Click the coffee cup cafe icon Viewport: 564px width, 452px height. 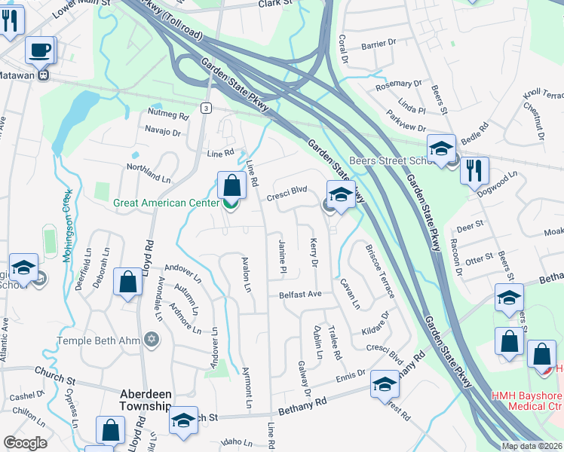pyautogui.click(x=40, y=50)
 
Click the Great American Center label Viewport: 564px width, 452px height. pyautogui.click(x=167, y=203)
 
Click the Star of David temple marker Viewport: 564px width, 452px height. pyautogui.click(x=152, y=341)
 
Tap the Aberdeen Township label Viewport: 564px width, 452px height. pyautogui.click(x=148, y=400)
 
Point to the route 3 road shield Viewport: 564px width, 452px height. pyautogui.click(x=205, y=108)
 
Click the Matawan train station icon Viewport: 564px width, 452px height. pyautogui.click(x=44, y=75)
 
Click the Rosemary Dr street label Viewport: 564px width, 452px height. pyautogui.click(x=402, y=84)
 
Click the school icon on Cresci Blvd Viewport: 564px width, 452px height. pyautogui.click(x=340, y=195)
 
